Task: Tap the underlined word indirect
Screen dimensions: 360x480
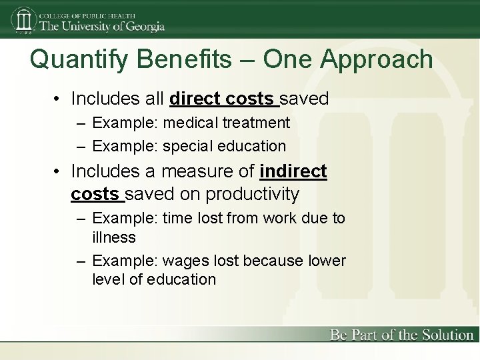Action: pyautogui.click(x=293, y=171)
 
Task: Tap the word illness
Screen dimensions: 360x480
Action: pyautogui.click(x=114, y=237)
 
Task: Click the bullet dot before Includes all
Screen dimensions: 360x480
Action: pyautogui.click(x=59, y=99)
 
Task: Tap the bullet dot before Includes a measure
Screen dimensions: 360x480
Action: pyautogui.click(x=59, y=172)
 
